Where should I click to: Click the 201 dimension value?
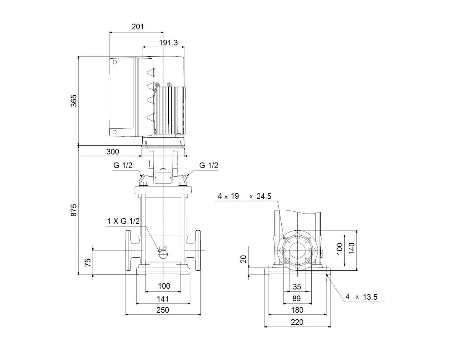pyautogui.click(x=138, y=27)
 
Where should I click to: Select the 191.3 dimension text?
pyautogui.click(x=168, y=43)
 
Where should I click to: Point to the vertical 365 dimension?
pyautogui.click(x=74, y=101)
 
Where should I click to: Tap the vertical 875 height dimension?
pyautogui.click(x=74, y=210)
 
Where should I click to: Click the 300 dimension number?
pyautogui.click(x=113, y=152)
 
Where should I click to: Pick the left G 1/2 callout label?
pyautogui.click(x=123, y=166)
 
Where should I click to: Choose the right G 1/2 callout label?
pyautogui.click(x=208, y=166)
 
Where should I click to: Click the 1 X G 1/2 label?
pyautogui.click(x=123, y=221)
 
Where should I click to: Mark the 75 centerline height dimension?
pyautogui.click(x=88, y=262)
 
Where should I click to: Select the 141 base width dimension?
pyautogui.click(x=163, y=299)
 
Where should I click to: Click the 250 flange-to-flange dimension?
pyautogui.click(x=163, y=310)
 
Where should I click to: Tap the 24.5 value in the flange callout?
pyautogui.click(x=264, y=196)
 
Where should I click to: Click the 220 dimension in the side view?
pyautogui.click(x=297, y=322)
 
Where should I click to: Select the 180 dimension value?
pyautogui.click(x=297, y=310)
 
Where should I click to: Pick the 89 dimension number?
pyautogui.click(x=297, y=299)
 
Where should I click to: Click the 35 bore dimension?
pyautogui.click(x=297, y=287)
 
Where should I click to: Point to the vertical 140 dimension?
pyautogui.click(x=352, y=248)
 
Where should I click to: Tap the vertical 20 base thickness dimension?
pyautogui.click(x=243, y=259)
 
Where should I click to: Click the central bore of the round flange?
pyautogui.click(x=298, y=251)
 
